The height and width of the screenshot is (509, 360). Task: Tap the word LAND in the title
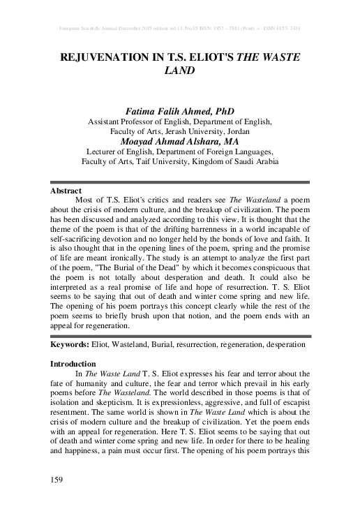coord(180,71)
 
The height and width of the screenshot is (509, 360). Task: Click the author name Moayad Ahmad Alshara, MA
coord(180,140)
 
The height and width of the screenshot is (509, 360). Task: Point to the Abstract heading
coord(66,190)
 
